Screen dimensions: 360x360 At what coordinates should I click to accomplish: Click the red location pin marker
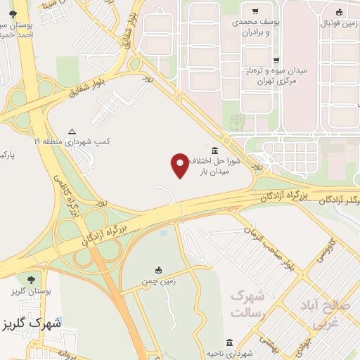coord(179,166)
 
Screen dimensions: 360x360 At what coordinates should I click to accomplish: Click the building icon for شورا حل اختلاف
coord(214,150)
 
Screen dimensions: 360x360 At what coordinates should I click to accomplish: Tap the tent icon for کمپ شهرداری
coord(72,131)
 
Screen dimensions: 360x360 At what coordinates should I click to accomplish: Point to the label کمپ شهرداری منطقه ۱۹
coord(72,141)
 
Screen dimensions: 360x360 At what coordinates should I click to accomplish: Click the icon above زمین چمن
coord(159,269)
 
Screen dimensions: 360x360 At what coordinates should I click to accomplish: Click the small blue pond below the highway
coord(163,231)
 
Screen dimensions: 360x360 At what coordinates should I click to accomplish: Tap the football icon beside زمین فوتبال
coord(340,12)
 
